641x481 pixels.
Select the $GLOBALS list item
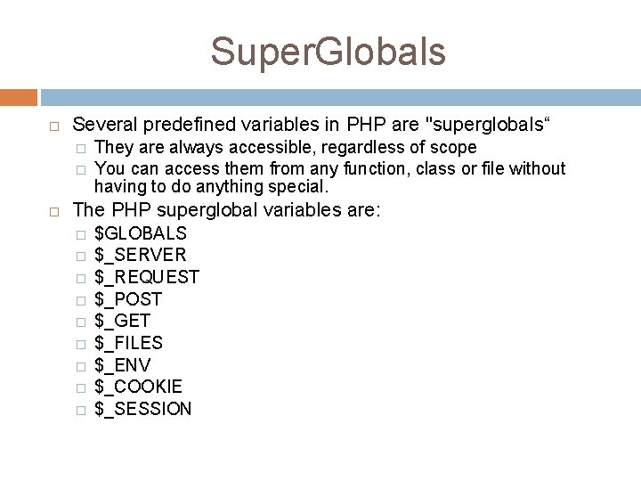coord(140,233)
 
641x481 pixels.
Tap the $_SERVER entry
coord(140,256)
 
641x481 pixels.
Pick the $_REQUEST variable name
coord(146,277)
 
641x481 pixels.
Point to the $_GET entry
coord(122,321)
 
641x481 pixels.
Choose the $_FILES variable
coord(128,343)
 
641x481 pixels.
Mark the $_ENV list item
coord(122,365)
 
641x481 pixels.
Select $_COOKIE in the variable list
coord(138,387)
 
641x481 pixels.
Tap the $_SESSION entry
coord(142,409)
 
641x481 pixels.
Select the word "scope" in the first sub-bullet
coord(453,147)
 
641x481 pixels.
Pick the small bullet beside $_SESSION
coord(79,410)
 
